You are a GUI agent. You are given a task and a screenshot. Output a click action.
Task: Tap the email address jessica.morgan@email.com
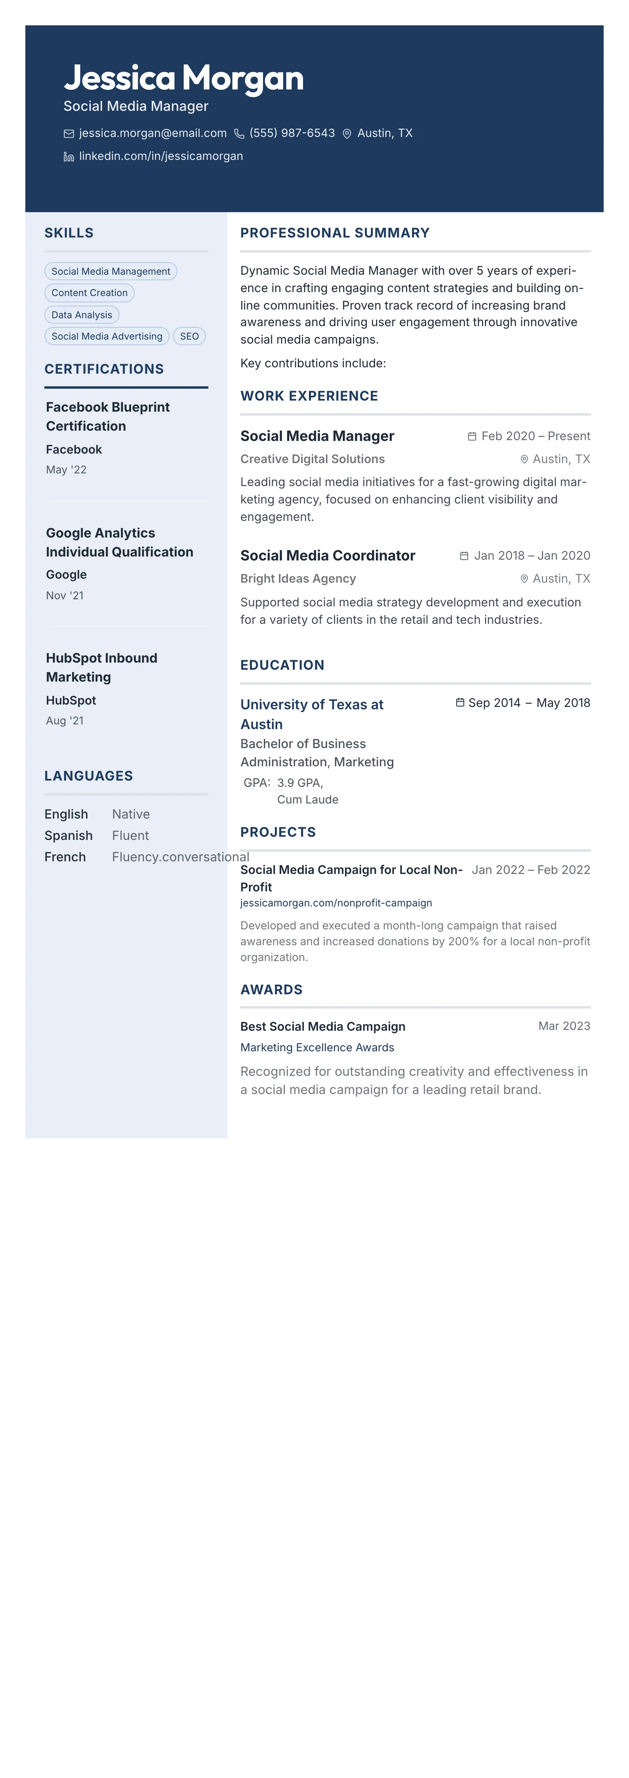tap(152, 133)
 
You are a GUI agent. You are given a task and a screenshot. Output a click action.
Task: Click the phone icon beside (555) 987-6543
tap(239, 134)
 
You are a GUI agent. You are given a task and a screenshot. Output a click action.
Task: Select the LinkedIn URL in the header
tap(161, 156)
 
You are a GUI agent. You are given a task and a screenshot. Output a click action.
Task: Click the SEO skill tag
tap(189, 336)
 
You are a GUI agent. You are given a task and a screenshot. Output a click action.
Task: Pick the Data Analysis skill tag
tap(82, 315)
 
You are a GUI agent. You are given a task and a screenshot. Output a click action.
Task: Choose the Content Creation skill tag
tap(89, 293)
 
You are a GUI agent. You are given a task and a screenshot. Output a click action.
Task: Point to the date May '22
tap(66, 469)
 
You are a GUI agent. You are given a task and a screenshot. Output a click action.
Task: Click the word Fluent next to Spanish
tap(130, 835)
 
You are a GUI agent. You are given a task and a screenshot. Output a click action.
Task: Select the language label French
tap(65, 857)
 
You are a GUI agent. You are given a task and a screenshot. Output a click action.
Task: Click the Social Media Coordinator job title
tap(327, 556)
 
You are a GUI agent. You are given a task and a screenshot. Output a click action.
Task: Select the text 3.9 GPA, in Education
tap(300, 783)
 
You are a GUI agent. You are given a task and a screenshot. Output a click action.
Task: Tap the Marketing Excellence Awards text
tap(317, 1047)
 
